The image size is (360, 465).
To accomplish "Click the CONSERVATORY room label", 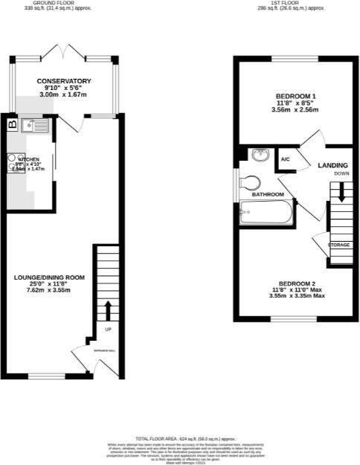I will (x=64, y=80).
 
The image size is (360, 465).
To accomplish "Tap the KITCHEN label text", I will (x=29, y=159).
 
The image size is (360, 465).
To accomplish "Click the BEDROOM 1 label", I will (x=296, y=97).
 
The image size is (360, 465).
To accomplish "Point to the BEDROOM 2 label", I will (x=297, y=283).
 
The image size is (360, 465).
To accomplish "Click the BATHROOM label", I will (x=267, y=194).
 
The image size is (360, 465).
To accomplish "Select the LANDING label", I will (x=332, y=165).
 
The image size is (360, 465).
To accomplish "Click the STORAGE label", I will (x=338, y=245).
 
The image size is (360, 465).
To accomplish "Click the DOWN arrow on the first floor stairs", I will (x=341, y=192).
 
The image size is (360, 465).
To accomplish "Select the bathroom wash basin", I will (x=260, y=155).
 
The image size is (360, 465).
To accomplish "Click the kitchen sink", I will (x=35, y=126).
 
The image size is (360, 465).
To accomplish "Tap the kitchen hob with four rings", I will (x=16, y=161).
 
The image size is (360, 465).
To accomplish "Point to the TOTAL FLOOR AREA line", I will (x=186, y=440).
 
